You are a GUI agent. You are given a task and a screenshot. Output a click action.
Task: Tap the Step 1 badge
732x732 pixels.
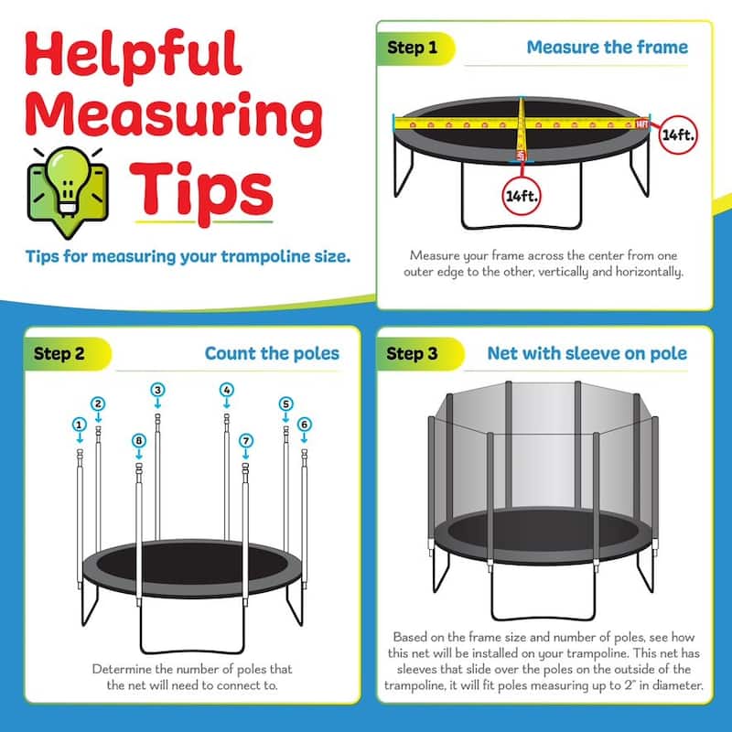click(x=413, y=47)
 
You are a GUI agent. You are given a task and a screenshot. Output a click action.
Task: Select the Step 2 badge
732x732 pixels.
click(x=60, y=352)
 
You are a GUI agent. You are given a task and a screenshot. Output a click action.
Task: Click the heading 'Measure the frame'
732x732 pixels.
click(x=606, y=47)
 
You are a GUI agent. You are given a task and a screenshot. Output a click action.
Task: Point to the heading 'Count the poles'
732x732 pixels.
click(x=272, y=353)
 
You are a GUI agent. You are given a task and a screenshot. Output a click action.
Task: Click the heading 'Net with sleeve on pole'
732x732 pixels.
click(x=587, y=353)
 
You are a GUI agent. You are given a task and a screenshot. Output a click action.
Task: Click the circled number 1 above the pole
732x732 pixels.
click(x=80, y=424)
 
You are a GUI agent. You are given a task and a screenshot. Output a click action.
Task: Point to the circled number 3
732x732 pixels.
click(x=157, y=390)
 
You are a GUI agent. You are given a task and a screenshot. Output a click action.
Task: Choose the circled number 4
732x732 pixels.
click(x=226, y=390)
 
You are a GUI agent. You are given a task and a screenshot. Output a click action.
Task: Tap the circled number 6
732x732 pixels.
click(x=305, y=424)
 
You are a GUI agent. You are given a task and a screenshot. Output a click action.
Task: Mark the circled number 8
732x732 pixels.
click(x=138, y=440)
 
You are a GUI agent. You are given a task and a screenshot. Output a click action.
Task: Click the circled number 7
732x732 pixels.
click(x=245, y=440)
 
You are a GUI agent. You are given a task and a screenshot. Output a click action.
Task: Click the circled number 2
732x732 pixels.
click(x=98, y=403)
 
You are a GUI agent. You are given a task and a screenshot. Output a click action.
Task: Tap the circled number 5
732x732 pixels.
click(x=285, y=403)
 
